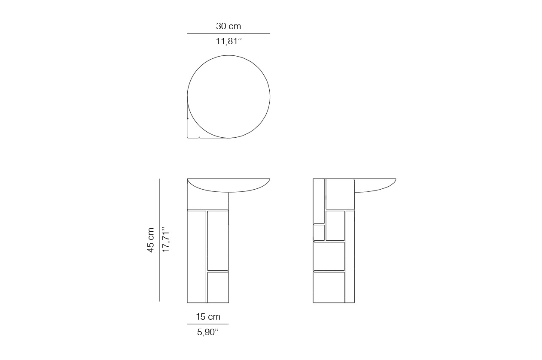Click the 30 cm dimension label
(228, 26)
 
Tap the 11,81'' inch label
(228, 41)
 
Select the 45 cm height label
(150, 240)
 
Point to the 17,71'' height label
(166, 239)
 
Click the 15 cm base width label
(208, 317)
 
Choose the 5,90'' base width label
(208, 332)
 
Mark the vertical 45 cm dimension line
(159, 240)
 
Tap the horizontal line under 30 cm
(228, 33)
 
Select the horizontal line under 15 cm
(208, 324)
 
